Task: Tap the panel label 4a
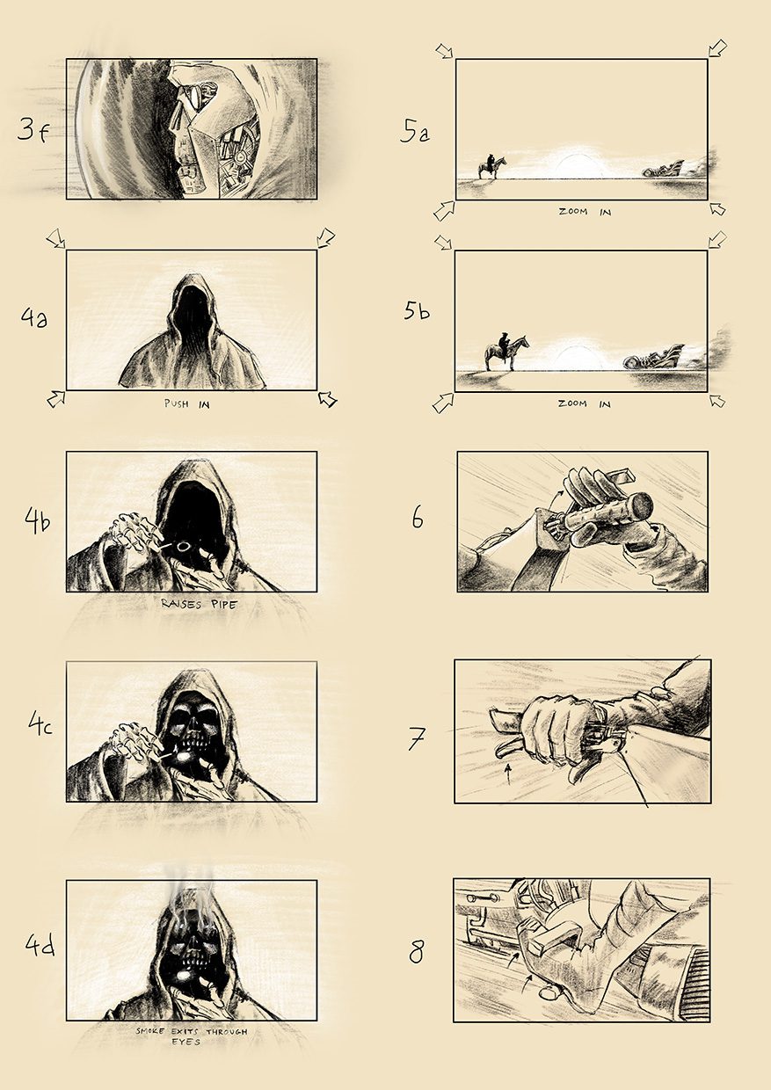click(34, 319)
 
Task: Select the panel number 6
click(418, 520)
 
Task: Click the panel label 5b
click(417, 311)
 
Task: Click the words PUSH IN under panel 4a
click(187, 403)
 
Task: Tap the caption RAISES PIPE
click(200, 605)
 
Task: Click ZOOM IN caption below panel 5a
click(585, 212)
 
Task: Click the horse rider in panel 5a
click(492, 166)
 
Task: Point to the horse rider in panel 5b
click(506, 352)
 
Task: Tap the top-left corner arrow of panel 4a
click(55, 238)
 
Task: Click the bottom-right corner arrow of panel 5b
click(717, 400)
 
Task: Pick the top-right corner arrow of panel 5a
click(717, 48)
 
